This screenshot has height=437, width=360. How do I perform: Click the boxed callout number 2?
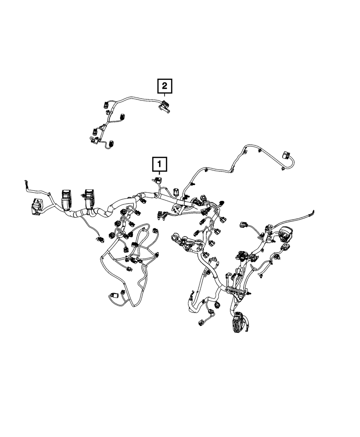[164, 86]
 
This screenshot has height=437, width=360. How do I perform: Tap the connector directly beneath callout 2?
[164, 106]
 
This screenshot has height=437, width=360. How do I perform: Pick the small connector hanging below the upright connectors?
[99, 238]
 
